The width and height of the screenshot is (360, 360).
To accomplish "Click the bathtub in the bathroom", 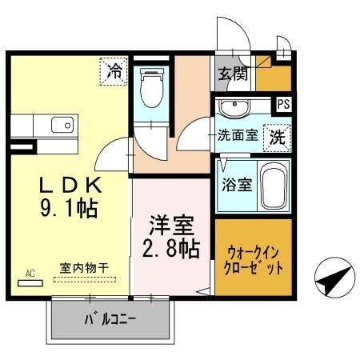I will (271, 184).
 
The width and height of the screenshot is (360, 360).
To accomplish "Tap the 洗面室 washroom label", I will (238, 135).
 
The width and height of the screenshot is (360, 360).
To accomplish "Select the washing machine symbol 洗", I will (277, 136).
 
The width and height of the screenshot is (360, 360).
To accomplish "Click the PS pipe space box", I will (282, 103).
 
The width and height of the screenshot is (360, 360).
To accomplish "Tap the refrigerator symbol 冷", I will (114, 70).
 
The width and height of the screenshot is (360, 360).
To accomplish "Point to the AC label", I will (30, 274).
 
